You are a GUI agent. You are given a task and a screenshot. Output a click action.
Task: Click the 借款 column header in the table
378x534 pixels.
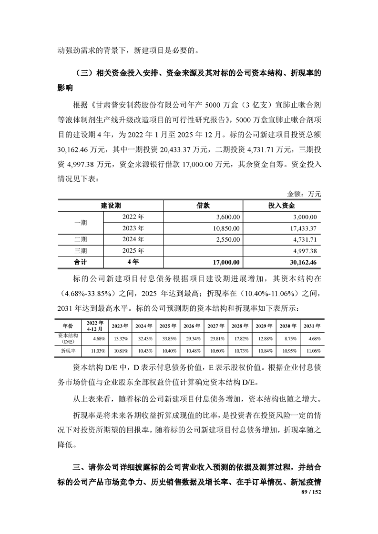point(204,206)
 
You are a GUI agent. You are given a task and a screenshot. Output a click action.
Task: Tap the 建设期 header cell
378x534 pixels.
point(111,206)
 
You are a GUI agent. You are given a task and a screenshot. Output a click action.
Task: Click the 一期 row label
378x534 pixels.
point(81,222)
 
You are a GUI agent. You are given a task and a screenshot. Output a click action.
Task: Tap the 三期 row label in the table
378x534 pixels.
point(81,250)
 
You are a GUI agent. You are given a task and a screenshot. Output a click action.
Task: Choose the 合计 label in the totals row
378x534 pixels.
point(81,262)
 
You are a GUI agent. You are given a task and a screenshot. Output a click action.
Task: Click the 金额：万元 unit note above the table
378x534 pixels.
point(304,194)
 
